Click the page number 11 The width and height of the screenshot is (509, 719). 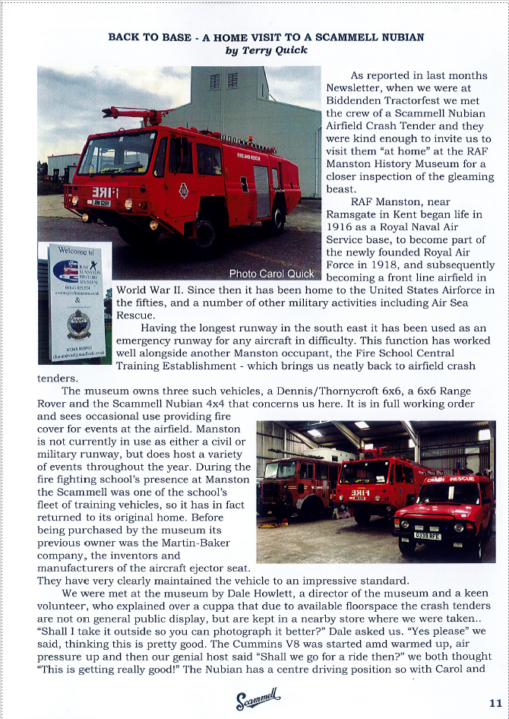[x=494, y=702]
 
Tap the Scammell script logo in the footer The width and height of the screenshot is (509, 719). [x=258, y=696]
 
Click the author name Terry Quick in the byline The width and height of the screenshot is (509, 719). [x=265, y=50]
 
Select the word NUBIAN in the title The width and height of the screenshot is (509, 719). [x=397, y=36]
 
